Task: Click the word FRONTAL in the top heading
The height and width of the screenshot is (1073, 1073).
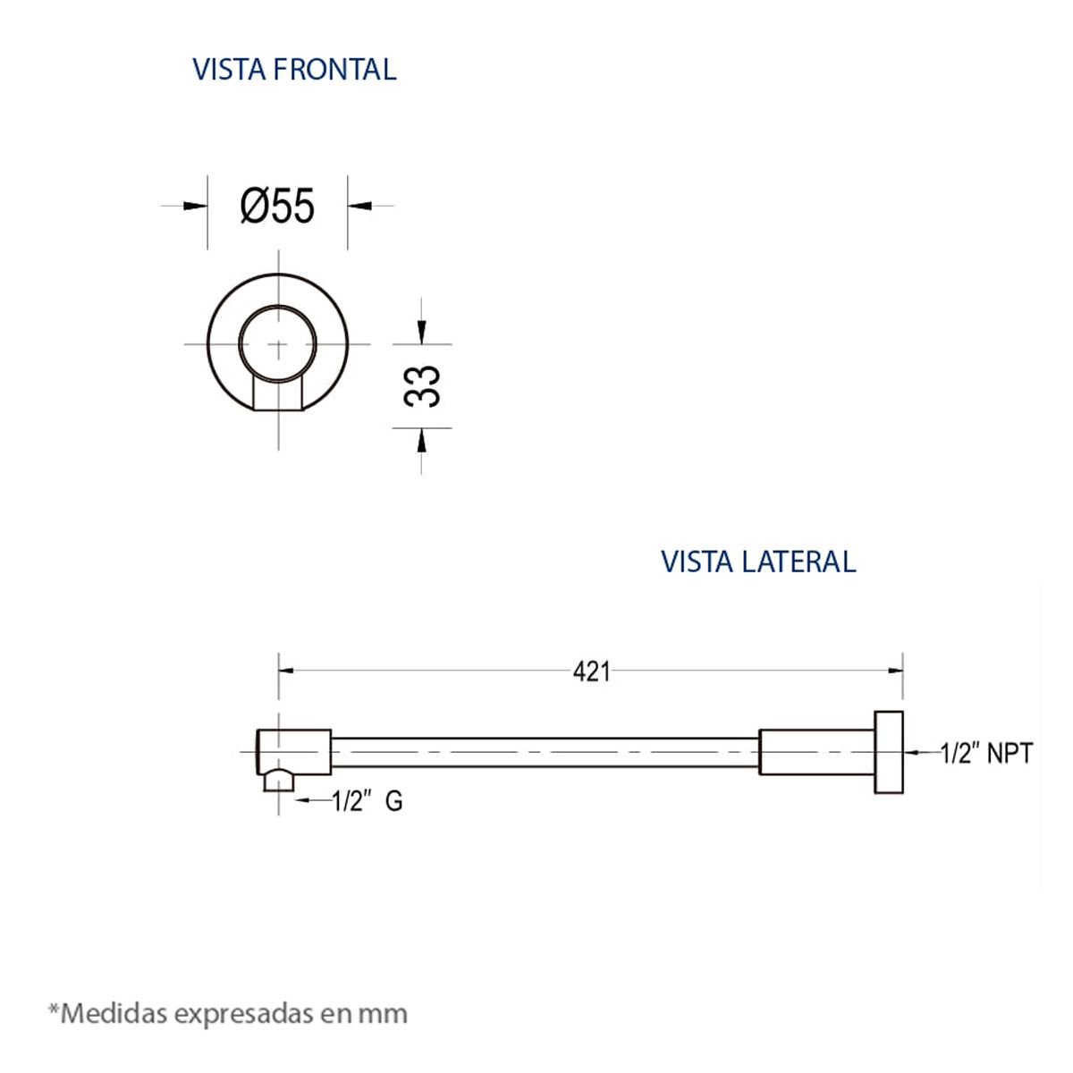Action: click(x=334, y=70)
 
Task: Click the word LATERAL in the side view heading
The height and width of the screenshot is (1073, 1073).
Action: click(x=798, y=562)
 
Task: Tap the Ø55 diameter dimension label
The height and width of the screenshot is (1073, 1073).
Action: click(x=277, y=206)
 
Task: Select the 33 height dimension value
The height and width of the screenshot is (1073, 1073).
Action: click(x=422, y=386)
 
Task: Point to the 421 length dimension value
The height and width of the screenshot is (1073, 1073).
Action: click(x=591, y=672)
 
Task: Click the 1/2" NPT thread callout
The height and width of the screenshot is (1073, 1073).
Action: click(x=986, y=754)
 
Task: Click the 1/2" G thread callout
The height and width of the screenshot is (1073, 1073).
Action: click(x=367, y=802)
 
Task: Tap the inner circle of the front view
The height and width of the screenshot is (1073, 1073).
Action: click(x=277, y=306)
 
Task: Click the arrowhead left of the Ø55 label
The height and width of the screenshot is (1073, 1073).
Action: click(x=195, y=206)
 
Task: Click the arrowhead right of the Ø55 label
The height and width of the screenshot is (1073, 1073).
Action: click(x=359, y=206)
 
